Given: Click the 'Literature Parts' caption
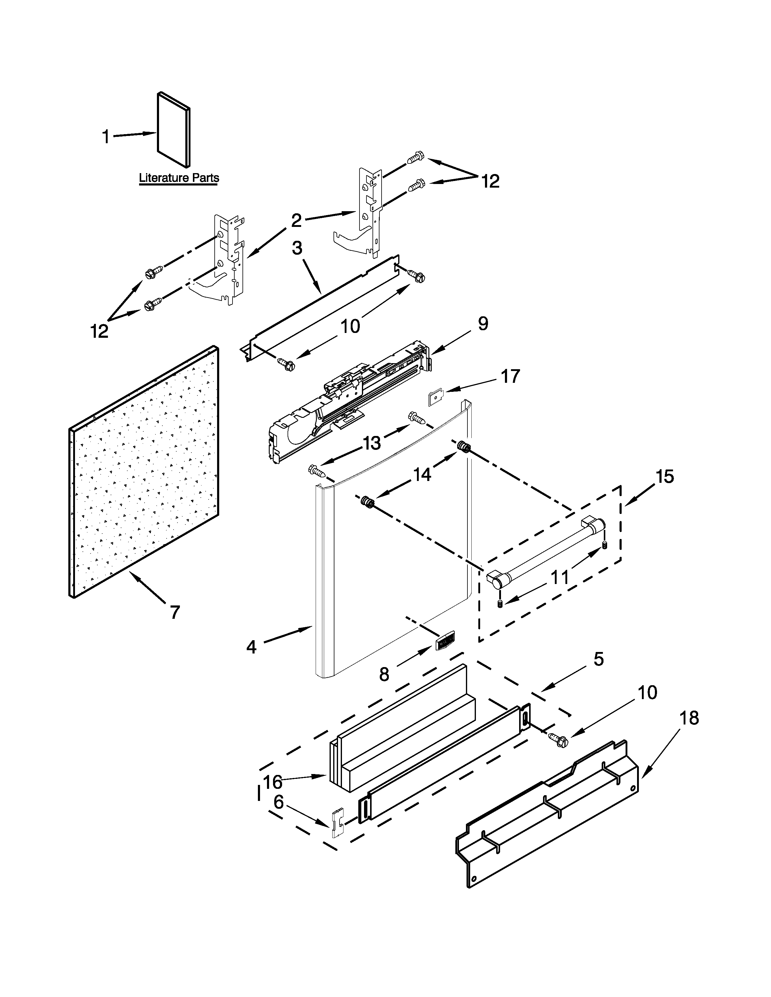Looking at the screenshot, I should (x=179, y=178).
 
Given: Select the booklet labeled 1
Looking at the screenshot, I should (x=174, y=129).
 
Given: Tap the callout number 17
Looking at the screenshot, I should (x=510, y=377).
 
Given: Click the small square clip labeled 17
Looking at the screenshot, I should (x=436, y=398).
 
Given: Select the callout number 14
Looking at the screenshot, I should (x=422, y=475).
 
